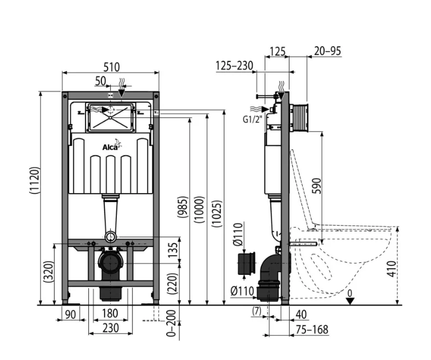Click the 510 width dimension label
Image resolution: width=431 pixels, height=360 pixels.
click(x=112, y=67)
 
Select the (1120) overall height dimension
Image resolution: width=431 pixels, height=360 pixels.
click(x=35, y=180)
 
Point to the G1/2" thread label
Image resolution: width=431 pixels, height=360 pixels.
click(x=252, y=119)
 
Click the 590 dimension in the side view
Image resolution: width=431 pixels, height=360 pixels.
click(x=317, y=186)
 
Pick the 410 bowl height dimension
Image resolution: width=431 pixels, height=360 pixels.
click(x=392, y=269)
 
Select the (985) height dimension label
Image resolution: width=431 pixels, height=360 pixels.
click(x=183, y=207)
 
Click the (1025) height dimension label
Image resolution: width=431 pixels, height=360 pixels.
click(x=217, y=213)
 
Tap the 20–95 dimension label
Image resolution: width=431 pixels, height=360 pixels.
click(x=327, y=51)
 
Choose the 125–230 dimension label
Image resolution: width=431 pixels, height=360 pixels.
click(x=234, y=66)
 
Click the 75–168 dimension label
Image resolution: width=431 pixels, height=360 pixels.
click(x=312, y=329)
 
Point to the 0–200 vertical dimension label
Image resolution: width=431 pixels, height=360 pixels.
click(x=172, y=323)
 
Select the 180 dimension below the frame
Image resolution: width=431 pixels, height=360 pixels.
click(x=110, y=313)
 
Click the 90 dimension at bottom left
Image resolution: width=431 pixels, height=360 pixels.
click(x=70, y=314)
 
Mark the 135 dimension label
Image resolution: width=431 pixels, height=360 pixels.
click(x=173, y=250)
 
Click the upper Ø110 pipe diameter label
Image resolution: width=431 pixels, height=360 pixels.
click(x=238, y=234)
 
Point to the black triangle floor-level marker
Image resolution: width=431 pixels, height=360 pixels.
click(x=350, y=301)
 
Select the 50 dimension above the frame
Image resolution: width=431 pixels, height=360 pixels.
click(x=100, y=81)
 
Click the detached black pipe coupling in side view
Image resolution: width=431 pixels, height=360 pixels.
click(x=247, y=263)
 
